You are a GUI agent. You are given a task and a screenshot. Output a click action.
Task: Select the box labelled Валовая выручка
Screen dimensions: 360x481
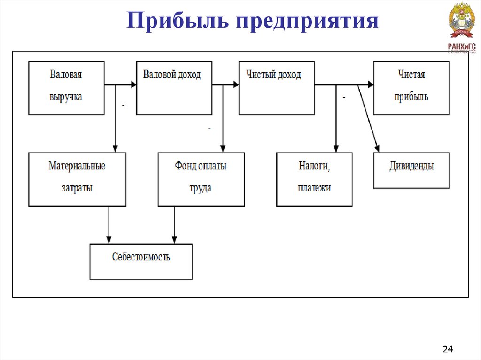66,88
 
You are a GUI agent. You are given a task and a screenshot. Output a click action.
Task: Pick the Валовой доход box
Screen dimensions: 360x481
174,88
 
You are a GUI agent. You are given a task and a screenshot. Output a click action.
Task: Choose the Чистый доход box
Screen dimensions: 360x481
276,88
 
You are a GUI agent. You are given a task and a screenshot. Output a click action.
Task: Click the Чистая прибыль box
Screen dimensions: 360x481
411,88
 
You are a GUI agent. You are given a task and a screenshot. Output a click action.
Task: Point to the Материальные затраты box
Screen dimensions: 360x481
77,179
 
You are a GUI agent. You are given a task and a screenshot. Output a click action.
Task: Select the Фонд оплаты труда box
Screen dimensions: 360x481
201,179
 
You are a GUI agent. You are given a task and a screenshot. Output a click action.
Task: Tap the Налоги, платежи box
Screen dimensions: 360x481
314,179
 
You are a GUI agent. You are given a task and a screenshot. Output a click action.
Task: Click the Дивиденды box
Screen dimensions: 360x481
411,170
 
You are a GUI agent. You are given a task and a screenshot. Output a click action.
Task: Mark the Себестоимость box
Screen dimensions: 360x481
141,261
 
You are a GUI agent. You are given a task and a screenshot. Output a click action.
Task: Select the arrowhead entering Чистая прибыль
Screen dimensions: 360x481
371,85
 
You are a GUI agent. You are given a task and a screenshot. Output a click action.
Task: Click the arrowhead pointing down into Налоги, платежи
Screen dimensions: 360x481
335,148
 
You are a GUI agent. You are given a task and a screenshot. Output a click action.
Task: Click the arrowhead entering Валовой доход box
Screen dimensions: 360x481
133,85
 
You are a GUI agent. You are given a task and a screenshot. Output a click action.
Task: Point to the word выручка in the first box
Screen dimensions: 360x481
66,97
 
